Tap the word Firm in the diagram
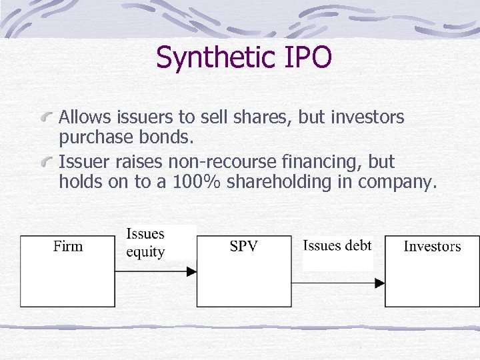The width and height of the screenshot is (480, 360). [x=68, y=247]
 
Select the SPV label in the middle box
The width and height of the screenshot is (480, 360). [x=243, y=247]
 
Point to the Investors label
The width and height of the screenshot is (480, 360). [x=432, y=247]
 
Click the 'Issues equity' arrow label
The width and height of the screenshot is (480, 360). [x=145, y=243]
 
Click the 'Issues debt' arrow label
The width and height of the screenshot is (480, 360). [x=337, y=245]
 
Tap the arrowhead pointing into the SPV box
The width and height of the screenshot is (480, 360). [x=191, y=271]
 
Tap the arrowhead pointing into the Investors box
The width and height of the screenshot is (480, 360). [x=380, y=283]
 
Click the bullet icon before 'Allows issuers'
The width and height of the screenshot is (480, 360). [x=48, y=117]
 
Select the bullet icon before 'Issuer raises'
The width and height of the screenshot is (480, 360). [x=48, y=162]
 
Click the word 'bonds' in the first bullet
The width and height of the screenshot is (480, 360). [x=169, y=137]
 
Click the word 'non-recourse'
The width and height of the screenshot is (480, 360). [x=219, y=162]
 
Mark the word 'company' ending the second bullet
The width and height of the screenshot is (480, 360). [x=397, y=183]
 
